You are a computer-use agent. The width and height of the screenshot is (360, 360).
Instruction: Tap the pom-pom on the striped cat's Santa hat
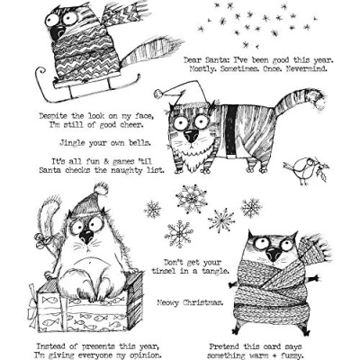pos(158,94)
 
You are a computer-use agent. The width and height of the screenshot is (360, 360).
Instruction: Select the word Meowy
pos(167,302)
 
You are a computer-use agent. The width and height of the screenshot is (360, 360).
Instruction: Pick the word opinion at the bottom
pos(148,355)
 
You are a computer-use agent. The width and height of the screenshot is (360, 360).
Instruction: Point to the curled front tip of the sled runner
pos(40,72)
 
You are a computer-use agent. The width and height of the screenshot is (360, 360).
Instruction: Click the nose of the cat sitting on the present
pos(86,237)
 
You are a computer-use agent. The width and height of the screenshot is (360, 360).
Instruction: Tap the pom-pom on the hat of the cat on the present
pos(101,189)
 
